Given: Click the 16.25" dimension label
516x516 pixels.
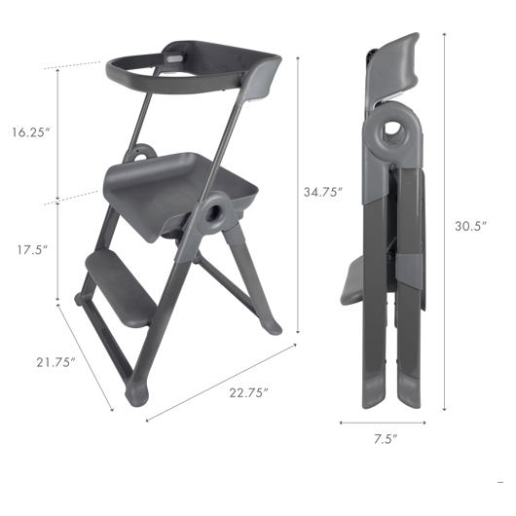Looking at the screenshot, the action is (30, 132).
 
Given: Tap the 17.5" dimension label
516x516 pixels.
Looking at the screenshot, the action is (32, 250).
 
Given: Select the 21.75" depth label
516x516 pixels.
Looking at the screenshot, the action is (55, 362).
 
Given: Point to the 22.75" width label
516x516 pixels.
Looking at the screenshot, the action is (249, 392).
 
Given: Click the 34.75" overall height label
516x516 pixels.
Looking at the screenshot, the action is (323, 192).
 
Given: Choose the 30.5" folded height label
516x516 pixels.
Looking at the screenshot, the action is (470, 226).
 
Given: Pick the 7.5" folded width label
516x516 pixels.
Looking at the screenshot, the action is (386, 439).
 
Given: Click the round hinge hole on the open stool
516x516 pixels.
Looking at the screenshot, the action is (213, 214).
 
